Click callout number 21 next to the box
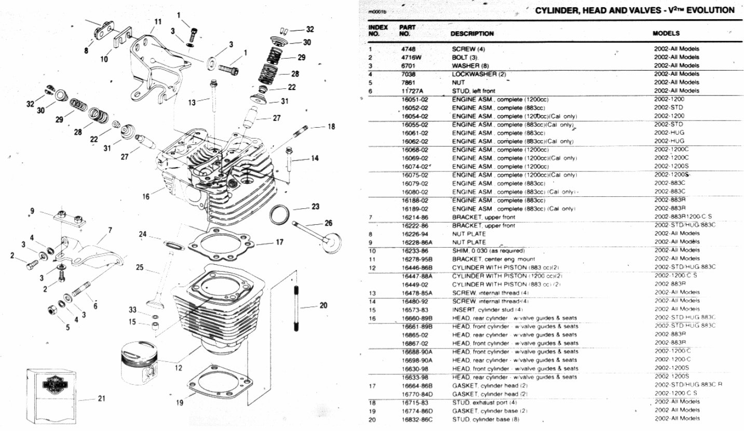pos(102,399)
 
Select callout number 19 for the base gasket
pos(179,402)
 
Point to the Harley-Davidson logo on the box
pos(55,386)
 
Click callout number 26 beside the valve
pos(328,223)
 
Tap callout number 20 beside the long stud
pos(323,305)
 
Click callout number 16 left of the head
pos(146,196)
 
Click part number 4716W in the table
pos(410,57)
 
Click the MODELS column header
pos(666,33)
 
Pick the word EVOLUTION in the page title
pos(709,10)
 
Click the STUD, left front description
pos(470,91)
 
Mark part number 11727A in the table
pos(412,91)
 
